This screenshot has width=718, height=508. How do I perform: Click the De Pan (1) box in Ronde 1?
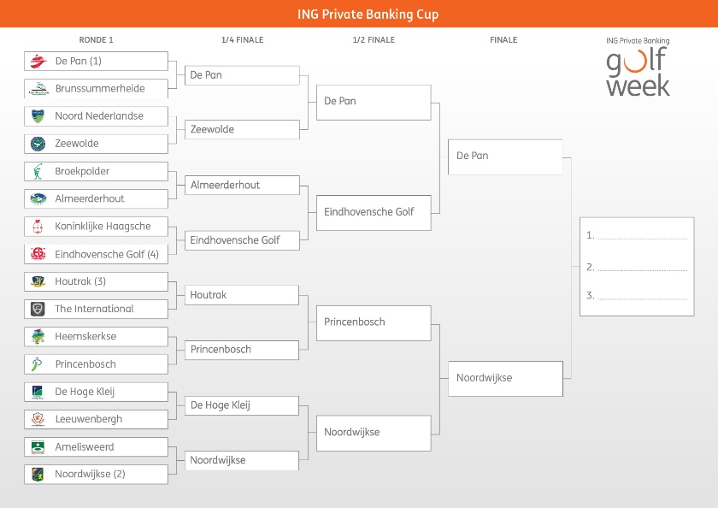[96, 61]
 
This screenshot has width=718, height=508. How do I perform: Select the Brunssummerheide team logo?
[38, 88]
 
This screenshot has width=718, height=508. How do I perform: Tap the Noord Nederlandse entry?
[96, 116]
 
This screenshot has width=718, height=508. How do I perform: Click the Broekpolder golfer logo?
[38, 171]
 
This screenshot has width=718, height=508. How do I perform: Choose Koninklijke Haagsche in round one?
[96, 227]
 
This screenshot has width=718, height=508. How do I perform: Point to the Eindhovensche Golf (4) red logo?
[38, 254]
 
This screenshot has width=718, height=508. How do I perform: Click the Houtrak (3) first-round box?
[96, 281]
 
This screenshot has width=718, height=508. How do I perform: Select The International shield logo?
[38, 309]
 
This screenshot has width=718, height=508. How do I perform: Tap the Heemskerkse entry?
[96, 336]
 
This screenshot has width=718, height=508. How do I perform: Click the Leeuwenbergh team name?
[89, 419]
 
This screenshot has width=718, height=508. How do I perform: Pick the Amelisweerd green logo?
[38, 446]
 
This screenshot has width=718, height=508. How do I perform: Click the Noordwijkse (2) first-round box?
[96, 474]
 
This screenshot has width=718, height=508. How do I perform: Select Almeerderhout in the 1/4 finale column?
[242, 185]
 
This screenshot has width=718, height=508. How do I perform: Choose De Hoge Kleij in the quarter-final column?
[242, 405]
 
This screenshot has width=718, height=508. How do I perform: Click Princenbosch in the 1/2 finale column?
[374, 322]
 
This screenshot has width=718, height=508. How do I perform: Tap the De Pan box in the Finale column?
[505, 157]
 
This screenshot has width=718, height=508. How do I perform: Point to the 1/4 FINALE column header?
[242, 40]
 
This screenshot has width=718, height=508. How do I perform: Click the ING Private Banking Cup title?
[368, 15]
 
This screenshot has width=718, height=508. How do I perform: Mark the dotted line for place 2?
[642, 270]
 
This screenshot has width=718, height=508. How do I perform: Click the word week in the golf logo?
[638, 86]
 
